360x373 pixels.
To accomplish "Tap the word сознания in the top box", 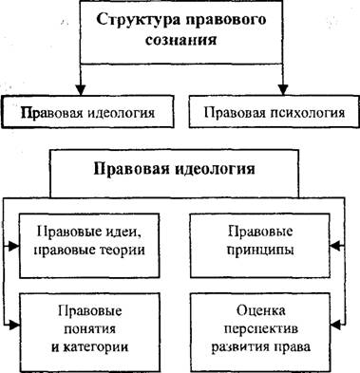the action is pyautogui.click(x=181, y=41).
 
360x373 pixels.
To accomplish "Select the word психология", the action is pyautogui.click(x=308, y=113).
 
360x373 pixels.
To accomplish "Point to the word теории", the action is pyautogui.click(x=123, y=250).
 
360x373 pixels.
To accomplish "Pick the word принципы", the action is pyautogui.click(x=260, y=251).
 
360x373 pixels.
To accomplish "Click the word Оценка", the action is pyautogui.click(x=260, y=310).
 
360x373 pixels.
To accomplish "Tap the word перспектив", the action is pyautogui.click(x=261, y=329).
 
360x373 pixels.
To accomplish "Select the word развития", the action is pyautogui.click(x=239, y=347).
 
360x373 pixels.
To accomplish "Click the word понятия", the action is pyautogui.click(x=90, y=329).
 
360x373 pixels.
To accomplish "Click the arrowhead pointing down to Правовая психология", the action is pyautogui.click(x=283, y=90).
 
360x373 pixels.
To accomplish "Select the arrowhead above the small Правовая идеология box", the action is pyautogui.click(x=81, y=90).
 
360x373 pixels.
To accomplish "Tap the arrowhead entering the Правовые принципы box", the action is pyautogui.click(x=335, y=246).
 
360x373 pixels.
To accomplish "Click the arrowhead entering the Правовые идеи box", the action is pyautogui.click(x=14, y=246).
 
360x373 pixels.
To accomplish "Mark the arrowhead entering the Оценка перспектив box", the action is pyautogui.click(x=335, y=324).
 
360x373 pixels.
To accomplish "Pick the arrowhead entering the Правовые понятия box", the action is pyautogui.click(x=14, y=325).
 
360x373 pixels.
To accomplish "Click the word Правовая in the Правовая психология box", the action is pyautogui.click(x=235, y=113).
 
